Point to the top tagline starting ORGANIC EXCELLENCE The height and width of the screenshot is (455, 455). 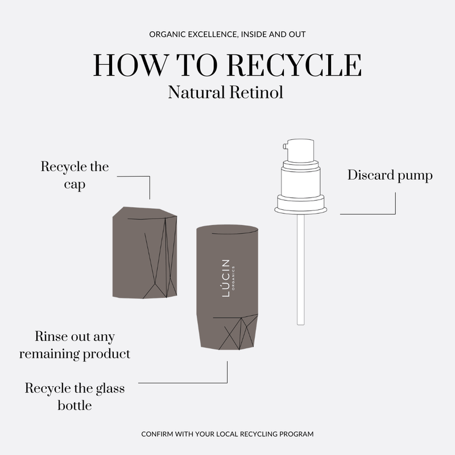227,35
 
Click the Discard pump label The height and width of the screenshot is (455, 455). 390,175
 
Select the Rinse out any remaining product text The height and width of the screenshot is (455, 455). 75,345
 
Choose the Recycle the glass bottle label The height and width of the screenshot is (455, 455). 75,397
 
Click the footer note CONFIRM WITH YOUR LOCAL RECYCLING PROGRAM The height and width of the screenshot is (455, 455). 227,434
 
